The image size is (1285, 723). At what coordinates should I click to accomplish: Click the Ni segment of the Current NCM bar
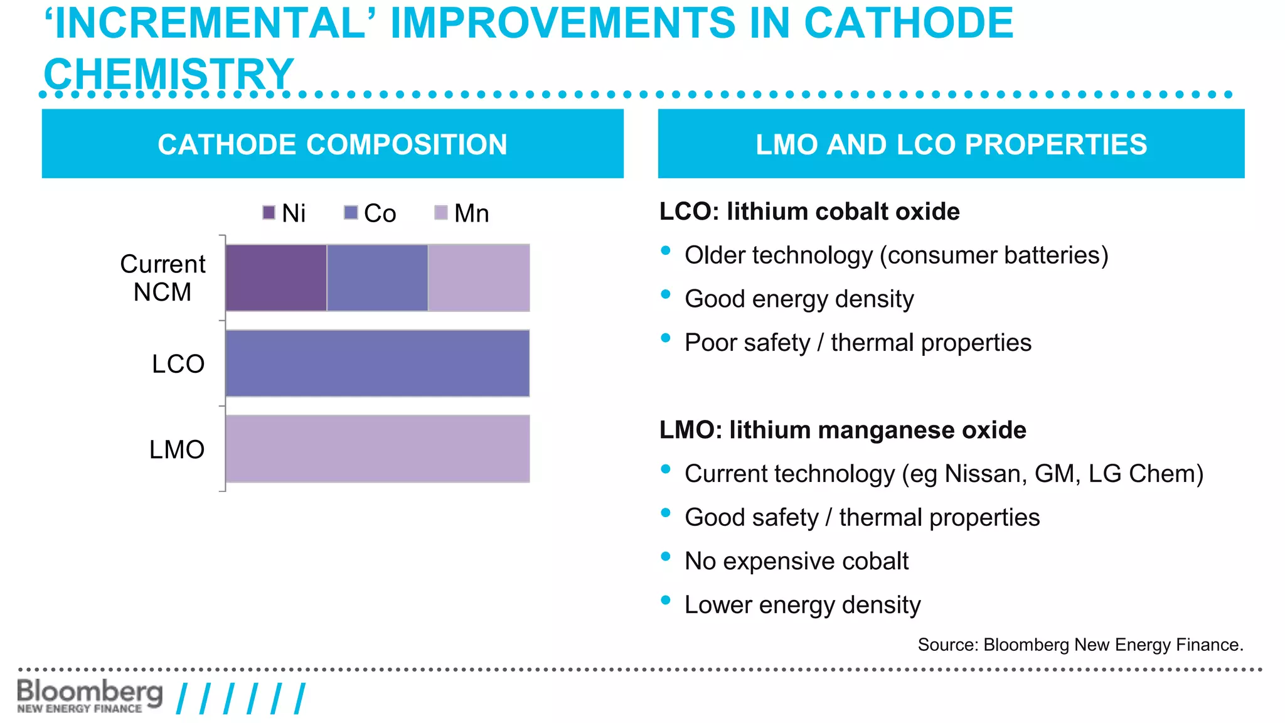[276, 277]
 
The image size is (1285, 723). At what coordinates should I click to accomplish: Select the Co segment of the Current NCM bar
[377, 277]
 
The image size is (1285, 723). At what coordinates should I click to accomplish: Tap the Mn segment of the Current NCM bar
[479, 277]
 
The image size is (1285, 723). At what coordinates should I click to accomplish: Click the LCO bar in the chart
[377, 363]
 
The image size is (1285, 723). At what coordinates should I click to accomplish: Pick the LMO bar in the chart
[377, 449]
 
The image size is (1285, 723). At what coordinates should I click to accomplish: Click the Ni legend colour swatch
[269, 213]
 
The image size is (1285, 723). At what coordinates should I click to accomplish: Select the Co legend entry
[370, 213]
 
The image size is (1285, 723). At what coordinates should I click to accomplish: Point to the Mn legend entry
[462, 213]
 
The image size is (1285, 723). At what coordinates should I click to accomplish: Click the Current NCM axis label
[163, 278]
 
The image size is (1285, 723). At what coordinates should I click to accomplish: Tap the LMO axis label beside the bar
[177, 449]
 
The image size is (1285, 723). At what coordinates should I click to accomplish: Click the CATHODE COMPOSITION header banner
[333, 144]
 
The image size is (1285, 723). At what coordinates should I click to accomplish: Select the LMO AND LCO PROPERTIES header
[951, 144]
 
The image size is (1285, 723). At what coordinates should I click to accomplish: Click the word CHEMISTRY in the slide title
[169, 73]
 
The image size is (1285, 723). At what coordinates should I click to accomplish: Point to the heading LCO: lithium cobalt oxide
[809, 212]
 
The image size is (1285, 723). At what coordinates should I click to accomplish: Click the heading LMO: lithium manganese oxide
[843, 430]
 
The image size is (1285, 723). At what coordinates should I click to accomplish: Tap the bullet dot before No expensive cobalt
[666, 556]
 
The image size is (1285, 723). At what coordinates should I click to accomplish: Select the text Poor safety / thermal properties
[858, 343]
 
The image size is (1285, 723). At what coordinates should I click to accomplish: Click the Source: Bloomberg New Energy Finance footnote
[1080, 645]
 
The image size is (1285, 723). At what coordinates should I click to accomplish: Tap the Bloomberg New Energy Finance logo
[90, 695]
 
